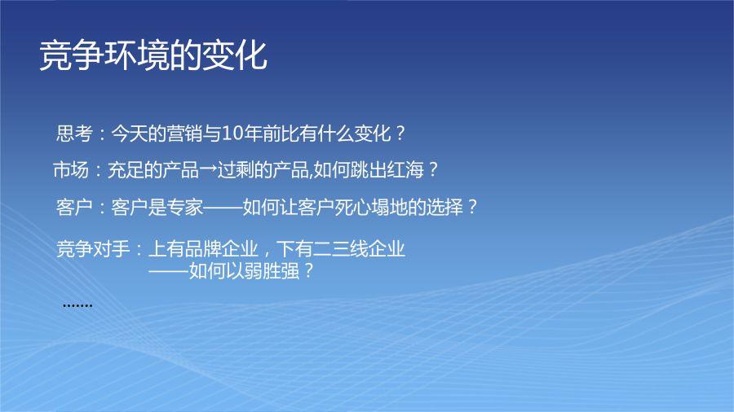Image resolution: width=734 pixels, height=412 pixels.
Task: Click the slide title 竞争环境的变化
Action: coord(153,55)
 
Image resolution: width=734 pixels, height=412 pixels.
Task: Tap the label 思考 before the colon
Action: coord(74,134)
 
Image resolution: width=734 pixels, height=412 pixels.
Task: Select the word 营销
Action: coord(184,134)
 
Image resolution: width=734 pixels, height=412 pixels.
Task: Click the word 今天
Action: coord(129,134)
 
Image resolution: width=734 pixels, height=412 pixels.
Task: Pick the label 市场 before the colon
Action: coord(71,169)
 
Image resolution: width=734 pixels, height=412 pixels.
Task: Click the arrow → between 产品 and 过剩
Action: coord(208,169)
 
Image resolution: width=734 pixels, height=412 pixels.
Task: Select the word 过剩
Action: coord(236,169)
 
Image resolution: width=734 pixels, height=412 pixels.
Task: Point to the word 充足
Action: coord(126,169)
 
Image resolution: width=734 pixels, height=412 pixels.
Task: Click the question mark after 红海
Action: coord(433,169)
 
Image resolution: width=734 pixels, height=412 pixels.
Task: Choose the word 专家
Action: coord(185,207)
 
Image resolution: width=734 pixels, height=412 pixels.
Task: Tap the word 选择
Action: coord(444,207)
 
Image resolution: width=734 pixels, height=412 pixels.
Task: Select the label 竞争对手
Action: coord(93,248)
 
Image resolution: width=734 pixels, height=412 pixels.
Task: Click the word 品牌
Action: coord(203,248)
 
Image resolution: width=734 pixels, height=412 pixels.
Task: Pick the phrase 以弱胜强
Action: coord(263,271)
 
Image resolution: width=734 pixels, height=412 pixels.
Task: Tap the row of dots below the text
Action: coord(77,306)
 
